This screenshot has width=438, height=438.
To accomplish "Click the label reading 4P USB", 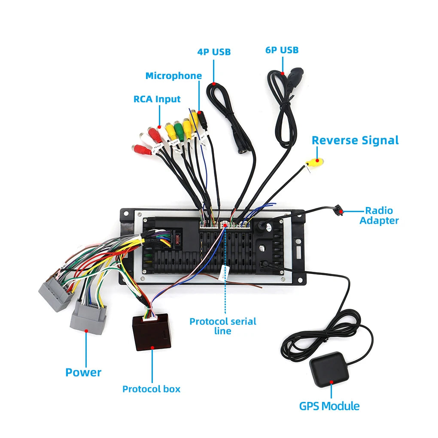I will (x=214, y=52).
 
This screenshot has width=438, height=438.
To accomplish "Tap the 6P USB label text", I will (x=282, y=50).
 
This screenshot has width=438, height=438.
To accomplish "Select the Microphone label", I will (x=173, y=76).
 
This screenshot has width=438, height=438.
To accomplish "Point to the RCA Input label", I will (x=157, y=99).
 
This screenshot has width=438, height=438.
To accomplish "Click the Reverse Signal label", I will (x=355, y=140).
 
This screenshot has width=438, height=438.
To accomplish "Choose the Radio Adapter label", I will (x=379, y=216).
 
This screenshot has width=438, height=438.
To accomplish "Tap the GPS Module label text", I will (x=329, y=406).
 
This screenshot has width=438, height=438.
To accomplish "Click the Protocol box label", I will (x=151, y=389).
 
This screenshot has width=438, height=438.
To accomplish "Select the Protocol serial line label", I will (x=223, y=326).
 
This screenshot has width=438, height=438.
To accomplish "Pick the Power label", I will (x=83, y=372).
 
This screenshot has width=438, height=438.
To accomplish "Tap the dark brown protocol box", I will (x=152, y=332).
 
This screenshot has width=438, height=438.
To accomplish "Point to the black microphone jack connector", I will (x=203, y=120).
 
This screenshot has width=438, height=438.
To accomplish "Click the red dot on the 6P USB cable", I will (x=283, y=73).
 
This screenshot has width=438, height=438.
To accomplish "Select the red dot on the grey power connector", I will (x=86, y=331).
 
